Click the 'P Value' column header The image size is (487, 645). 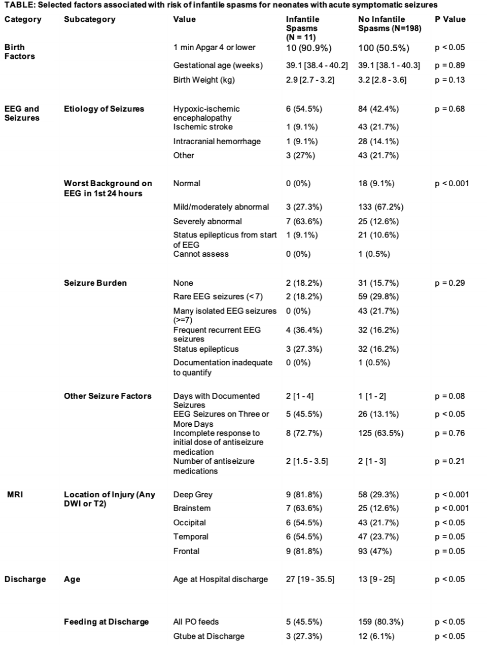[450, 19]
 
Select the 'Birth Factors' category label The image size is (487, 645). [20, 52]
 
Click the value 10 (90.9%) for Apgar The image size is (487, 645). [308, 48]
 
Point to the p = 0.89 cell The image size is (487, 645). [449, 65]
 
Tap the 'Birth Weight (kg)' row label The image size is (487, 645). [204, 80]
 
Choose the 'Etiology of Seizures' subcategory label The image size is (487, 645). [104, 109]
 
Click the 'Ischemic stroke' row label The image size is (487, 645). [203, 127]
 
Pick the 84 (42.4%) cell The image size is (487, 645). [378, 109]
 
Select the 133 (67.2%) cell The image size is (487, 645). [380, 207]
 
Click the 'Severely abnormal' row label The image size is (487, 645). [207, 221]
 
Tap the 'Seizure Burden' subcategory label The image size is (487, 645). [95, 283]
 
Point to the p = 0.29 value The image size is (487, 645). [449, 283]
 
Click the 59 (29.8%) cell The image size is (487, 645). [378, 296]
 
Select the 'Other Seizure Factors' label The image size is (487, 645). [108, 396]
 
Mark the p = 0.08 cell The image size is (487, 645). [449, 396]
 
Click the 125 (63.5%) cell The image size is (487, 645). [380, 433]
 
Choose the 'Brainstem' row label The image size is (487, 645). [192, 508]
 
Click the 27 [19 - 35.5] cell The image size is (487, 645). [310, 579]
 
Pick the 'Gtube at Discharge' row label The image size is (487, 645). [208, 636]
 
